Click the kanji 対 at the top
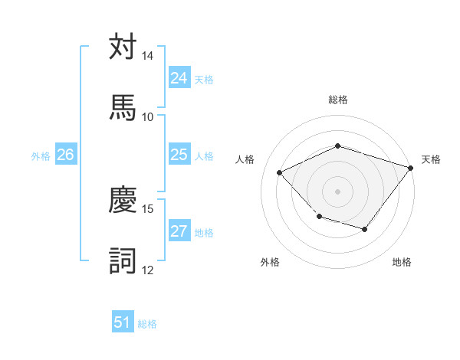pyautogui.click(x=123, y=47)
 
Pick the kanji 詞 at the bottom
pyautogui.click(x=123, y=260)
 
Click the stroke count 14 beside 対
pyautogui.click(x=148, y=57)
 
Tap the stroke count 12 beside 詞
pyautogui.click(x=148, y=269)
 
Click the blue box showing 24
pyautogui.click(x=179, y=78)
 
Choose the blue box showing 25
pyautogui.click(x=179, y=155)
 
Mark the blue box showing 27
pyautogui.click(x=179, y=231)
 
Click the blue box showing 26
pyautogui.click(x=65, y=155)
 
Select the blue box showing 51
pyautogui.click(x=123, y=322)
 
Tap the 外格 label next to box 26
pyautogui.click(x=41, y=156)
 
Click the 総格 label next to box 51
pyautogui.click(x=147, y=324)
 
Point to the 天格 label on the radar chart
pyautogui.click(x=431, y=159)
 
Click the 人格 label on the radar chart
pyautogui.click(x=245, y=159)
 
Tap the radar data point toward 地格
pyautogui.click(x=365, y=229)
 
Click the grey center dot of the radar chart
pyautogui.click(x=337, y=191)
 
